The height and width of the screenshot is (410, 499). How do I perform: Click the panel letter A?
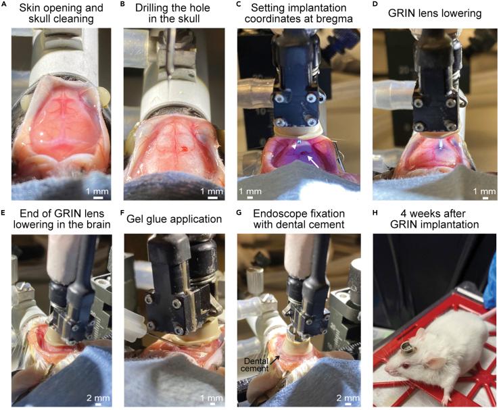(x=3, y=5)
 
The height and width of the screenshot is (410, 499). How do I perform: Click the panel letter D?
(x=375, y=5)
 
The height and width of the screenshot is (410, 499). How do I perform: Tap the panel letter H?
(x=375, y=212)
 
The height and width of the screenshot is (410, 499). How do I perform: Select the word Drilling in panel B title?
(x=155, y=8)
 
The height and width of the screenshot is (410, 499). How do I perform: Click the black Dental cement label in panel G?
(x=255, y=365)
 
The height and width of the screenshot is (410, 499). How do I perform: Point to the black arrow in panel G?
(x=275, y=359)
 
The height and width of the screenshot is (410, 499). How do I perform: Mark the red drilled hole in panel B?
(x=184, y=148)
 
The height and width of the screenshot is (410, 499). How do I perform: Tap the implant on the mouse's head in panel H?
(x=406, y=347)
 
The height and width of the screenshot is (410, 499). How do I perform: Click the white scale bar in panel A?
(x=98, y=198)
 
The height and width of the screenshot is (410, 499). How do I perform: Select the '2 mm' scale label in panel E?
(x=98, y=398)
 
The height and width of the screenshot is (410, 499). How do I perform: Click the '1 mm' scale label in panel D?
(x=484, y=191)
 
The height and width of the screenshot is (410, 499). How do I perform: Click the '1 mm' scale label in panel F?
(x=212, y=398)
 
